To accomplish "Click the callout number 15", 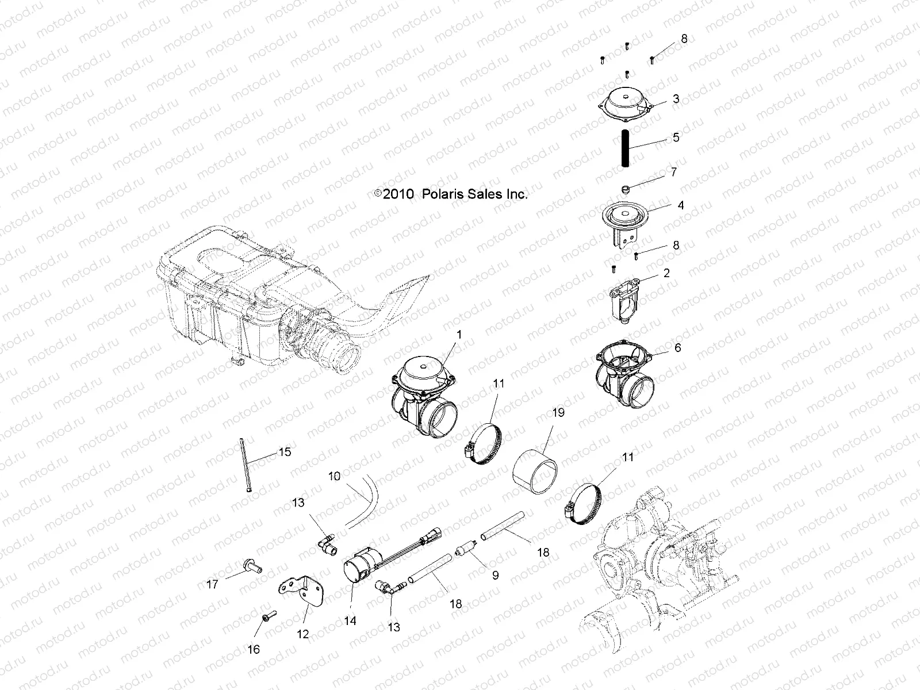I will pos(285,452).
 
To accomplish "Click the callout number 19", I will pos(558,412).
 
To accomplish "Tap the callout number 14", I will pos(350,621).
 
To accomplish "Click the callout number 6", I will pos(678,348).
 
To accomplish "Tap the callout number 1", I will pos(459,334).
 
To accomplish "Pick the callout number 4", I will pos(681,205).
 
